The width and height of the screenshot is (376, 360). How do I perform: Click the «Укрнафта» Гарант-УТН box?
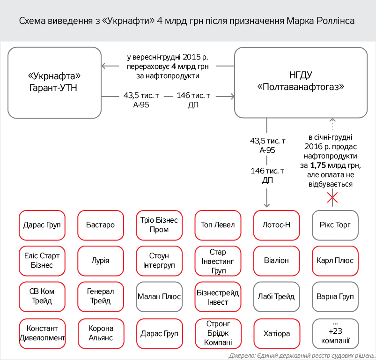click(x=54, y=82)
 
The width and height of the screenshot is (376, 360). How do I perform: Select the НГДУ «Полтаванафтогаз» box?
click(x=301, y=82)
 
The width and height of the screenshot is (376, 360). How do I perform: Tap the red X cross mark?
click(x=332, y=198)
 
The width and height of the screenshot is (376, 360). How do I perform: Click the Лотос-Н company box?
click(x=276, y=225)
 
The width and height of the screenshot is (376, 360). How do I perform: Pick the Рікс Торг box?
click(x=335, y=225)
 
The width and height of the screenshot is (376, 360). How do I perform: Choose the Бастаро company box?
click(x=100, y=225)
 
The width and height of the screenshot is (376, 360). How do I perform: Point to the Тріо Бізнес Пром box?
click(x=159, y=225)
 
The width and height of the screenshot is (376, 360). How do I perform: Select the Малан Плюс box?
click(x=159, y=297)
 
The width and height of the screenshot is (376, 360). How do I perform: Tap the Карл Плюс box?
click(x=335, y=260)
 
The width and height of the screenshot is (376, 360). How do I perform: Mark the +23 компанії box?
click(x=335, y=333)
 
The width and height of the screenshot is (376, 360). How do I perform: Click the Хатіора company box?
click(x=276, y=334)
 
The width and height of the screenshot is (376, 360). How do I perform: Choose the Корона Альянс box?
click(x=100, y=334)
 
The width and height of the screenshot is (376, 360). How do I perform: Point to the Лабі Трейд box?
click(x=276, y=297)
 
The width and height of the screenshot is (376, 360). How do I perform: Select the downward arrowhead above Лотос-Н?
click(x=267, y=204)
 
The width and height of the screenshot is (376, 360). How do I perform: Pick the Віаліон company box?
click(x=276, y=260)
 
